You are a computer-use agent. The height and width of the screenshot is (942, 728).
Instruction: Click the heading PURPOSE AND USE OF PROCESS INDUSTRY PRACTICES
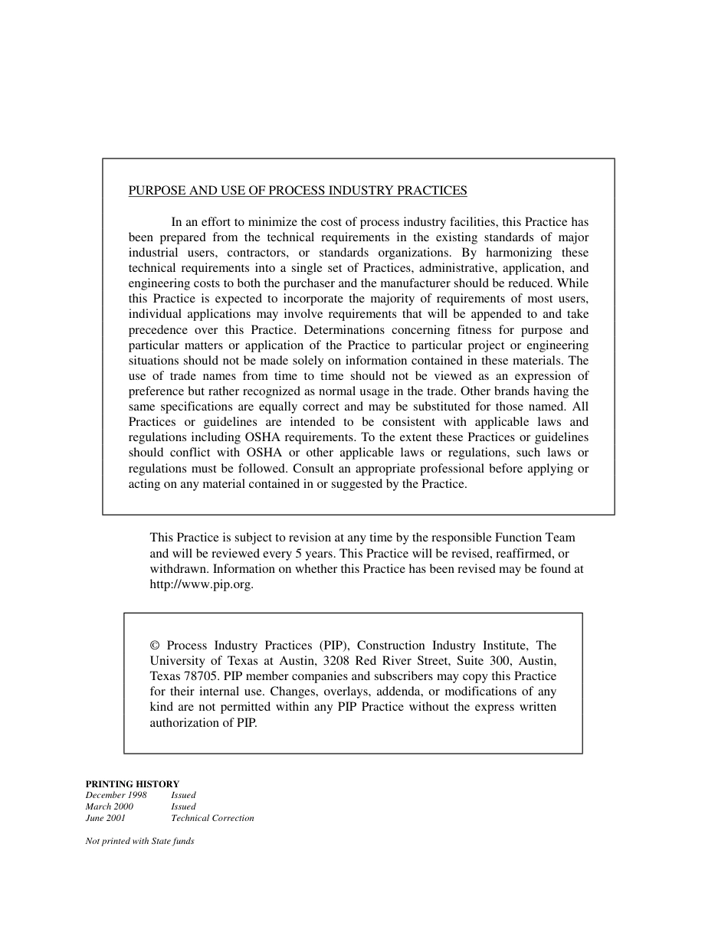[297, 191]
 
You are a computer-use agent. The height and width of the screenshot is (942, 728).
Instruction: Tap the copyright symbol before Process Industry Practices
[155, 646]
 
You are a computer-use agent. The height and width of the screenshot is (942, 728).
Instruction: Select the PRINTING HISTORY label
[133, 783]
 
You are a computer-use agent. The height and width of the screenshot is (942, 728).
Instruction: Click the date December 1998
[116, 795]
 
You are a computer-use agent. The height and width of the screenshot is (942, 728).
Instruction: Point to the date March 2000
[110, 806]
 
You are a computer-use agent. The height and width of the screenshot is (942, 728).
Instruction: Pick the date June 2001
[106, 818]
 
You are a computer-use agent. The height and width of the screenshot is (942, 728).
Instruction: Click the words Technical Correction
[212, 818]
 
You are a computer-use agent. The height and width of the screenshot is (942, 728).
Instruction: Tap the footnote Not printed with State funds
[139, 841]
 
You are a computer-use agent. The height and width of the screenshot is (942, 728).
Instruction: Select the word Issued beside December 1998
[183, 795]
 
